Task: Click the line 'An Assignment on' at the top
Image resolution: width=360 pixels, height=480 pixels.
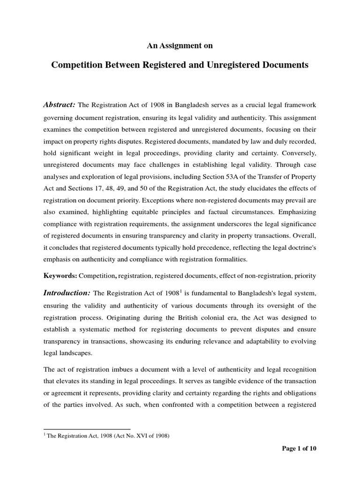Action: (180, 45)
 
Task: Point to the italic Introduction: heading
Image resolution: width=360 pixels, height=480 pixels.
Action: (67, 293)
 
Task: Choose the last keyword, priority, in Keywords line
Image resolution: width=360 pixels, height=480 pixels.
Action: (305, 276)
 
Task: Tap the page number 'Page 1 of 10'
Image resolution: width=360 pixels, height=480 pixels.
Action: (299, 449)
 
